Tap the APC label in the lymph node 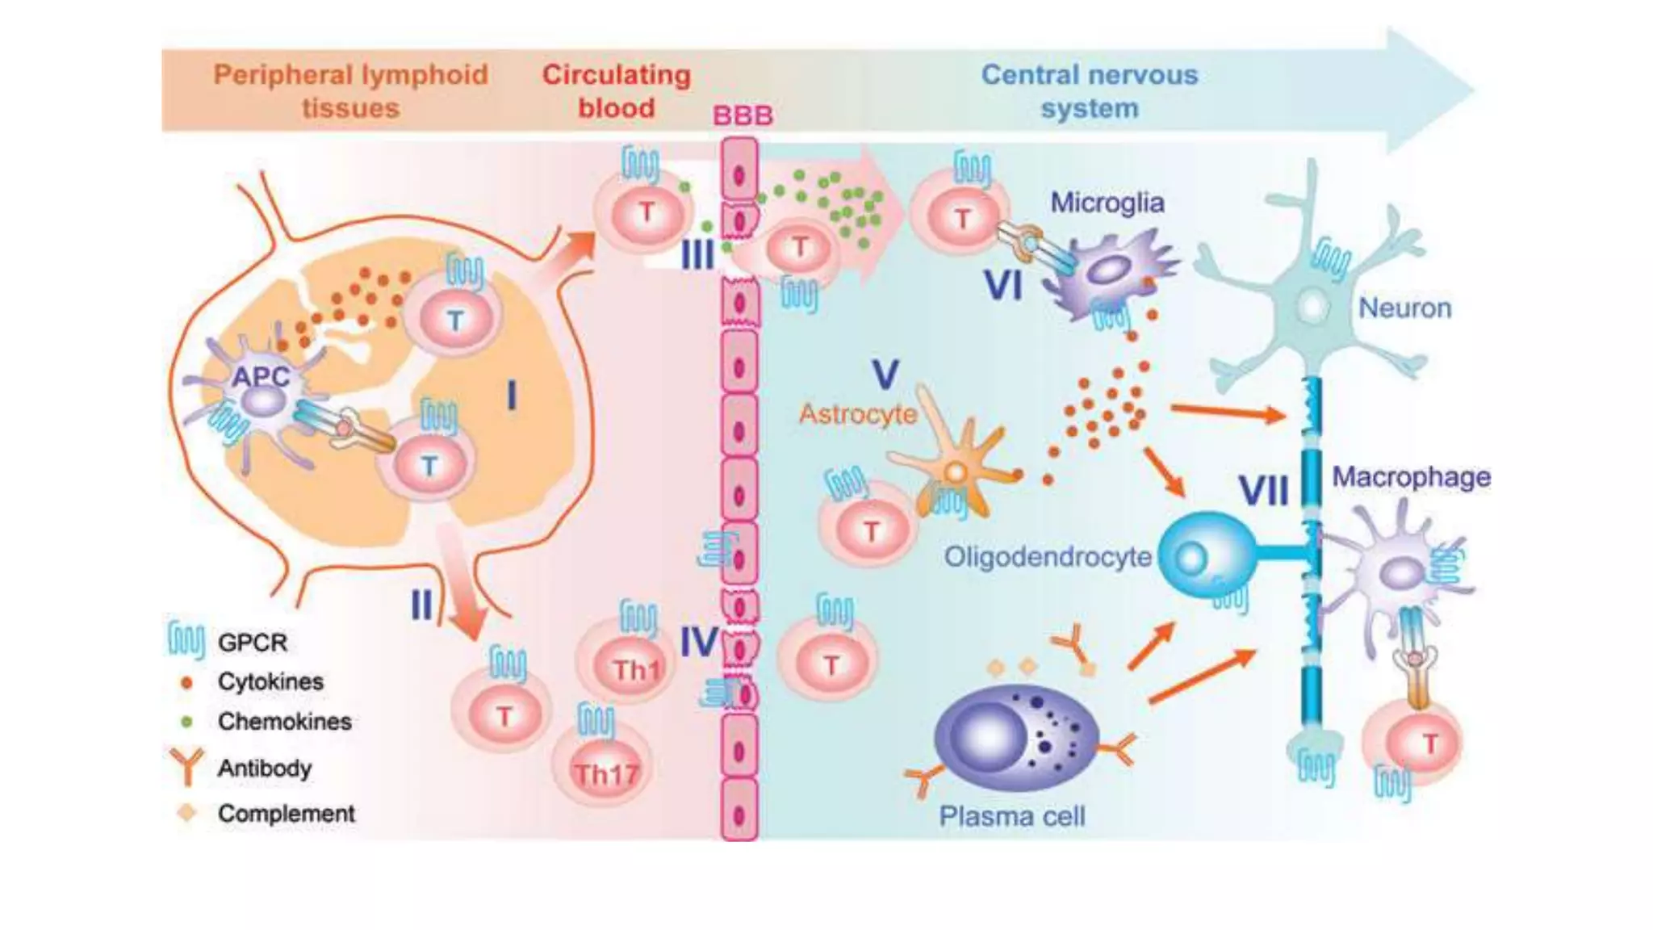click(x=260, y=376)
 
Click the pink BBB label click(x=743, y=115)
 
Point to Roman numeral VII click(x=1263, y=491)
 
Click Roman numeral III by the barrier click(x=697, y=254)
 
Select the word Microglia click(x=1107, y=203)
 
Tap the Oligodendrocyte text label click(x=1048, y=556)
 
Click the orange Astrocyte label click(x=857, y=414)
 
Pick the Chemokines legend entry click(x=284, y=721)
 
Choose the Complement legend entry click(x=286, y=813)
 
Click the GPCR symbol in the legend click(x=186, y=641)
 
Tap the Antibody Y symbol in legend click(x=186, y=765)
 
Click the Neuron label click(x=1404, y=308)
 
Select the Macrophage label click(x=1411, y=476)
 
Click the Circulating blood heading click(x=616, y=91)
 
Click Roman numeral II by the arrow click(x=421, y=604)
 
